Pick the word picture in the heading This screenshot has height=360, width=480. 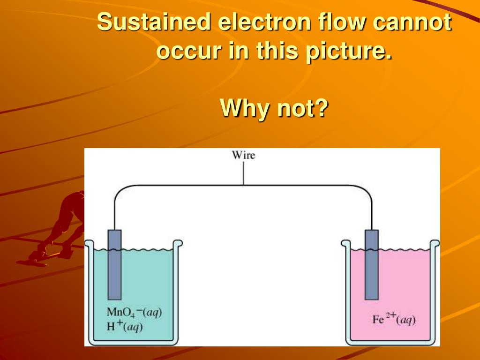[347, 51]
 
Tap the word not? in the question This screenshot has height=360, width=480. [303, 109]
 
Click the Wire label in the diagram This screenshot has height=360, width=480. [244, 155]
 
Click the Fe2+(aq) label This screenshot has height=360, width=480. [394, 320]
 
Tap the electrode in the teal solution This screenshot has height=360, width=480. [114, 265]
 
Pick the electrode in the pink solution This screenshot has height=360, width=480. [372, 265]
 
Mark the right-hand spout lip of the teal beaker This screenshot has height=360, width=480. [179, 243]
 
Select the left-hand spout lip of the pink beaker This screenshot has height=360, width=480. [345, 243]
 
